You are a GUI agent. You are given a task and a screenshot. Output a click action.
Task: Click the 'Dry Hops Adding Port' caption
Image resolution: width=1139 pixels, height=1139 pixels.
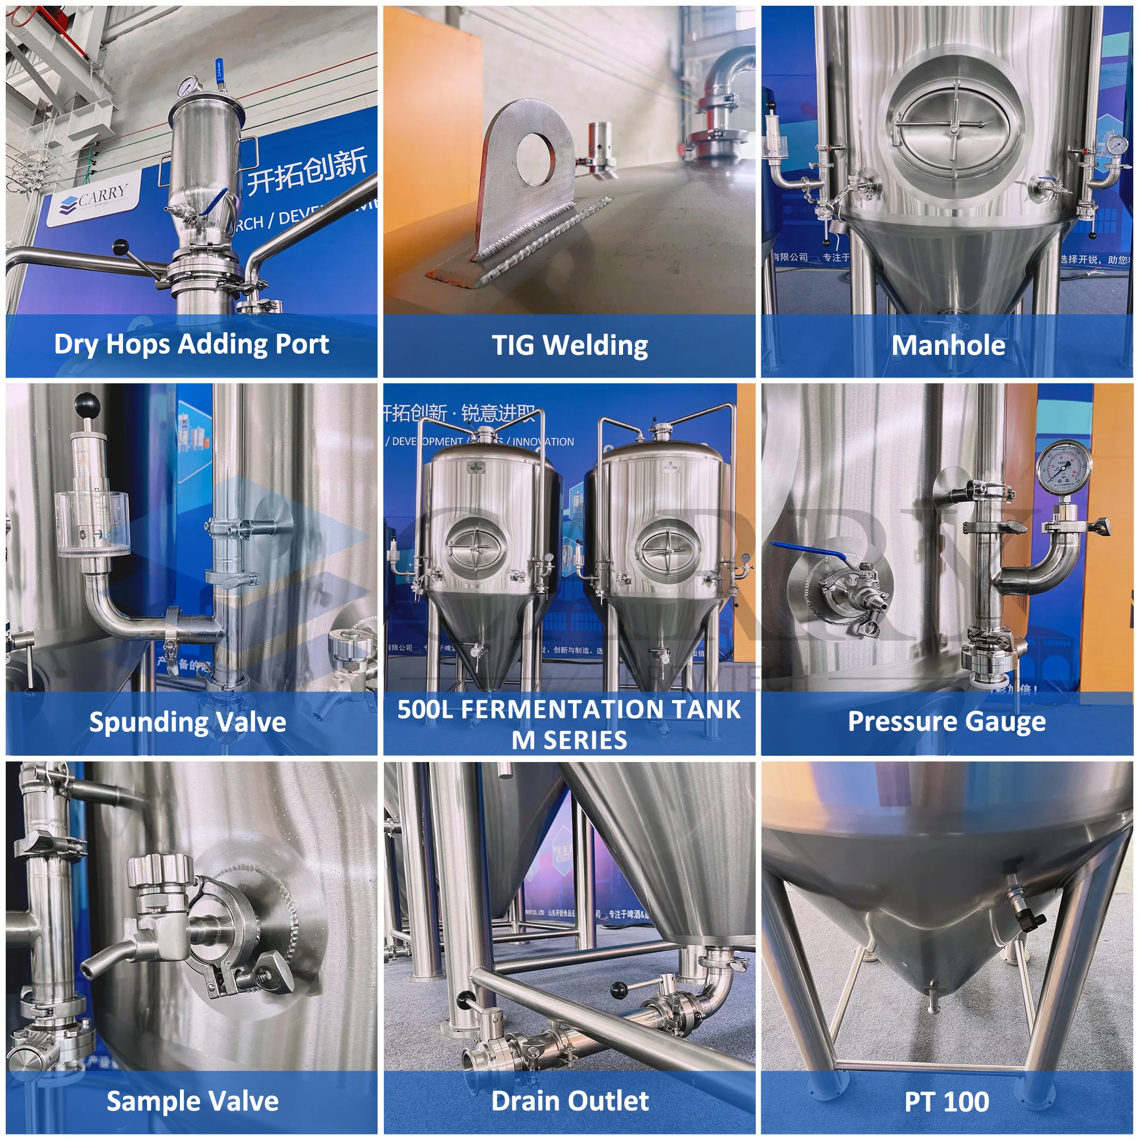click(x=191, y=345)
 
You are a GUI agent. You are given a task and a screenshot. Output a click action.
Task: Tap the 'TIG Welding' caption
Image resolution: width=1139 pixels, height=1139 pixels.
click(x=569, y=346)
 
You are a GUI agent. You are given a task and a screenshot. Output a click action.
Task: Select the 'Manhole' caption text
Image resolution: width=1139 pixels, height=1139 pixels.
click(x=948, y=346)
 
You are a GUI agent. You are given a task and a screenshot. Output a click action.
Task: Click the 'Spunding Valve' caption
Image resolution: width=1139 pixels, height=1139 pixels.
click(x=187, y=722)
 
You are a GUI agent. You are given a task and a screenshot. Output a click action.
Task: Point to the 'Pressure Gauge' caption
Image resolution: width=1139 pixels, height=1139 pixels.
click(x=947, y=722)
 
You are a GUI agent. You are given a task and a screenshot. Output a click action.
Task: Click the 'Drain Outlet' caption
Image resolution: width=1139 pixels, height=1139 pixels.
click(x=569, y=1101)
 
